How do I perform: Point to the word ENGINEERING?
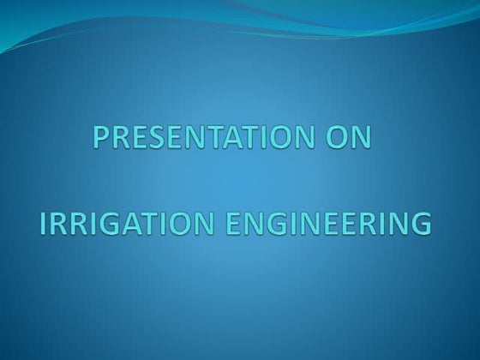coord(327,224)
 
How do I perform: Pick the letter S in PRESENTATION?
coord(155,140)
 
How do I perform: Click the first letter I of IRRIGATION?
coord(44,224)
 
